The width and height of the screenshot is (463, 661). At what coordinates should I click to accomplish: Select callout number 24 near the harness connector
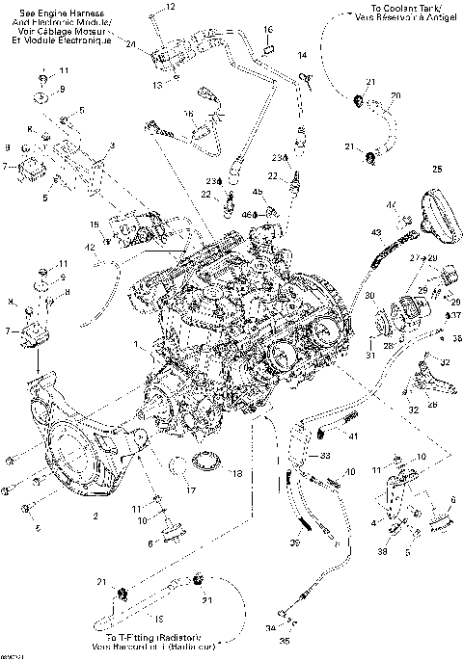click(130, 44)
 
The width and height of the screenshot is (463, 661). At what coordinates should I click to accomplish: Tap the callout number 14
click(302, 56)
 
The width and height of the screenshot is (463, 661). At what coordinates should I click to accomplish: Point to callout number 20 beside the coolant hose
click(395, 95)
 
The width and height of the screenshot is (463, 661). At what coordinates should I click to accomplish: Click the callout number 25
click(437, 170)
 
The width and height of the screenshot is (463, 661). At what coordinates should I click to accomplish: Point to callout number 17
click(191, 490)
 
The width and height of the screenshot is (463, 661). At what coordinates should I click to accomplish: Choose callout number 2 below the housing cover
click(95, 516)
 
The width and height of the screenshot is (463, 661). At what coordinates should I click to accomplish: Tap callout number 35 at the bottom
click(284, 640)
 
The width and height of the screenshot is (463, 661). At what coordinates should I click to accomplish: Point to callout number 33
click(325, 454)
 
